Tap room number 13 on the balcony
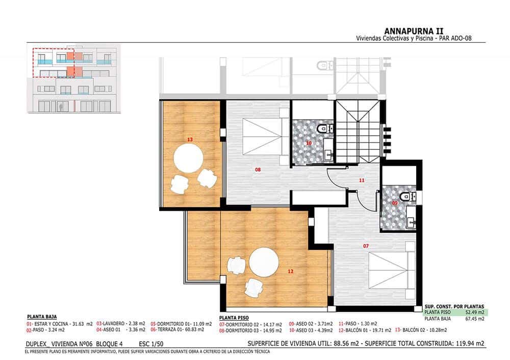coord(190,139)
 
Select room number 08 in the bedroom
coord(258,169)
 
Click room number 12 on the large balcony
coord(290,271)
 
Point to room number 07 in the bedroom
coord(366,246)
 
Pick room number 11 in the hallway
coord(362,180)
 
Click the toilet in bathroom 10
coord(323,129)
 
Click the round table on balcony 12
coord(264,262)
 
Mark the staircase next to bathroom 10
coord(358,131)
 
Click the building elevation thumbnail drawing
coord(73,79)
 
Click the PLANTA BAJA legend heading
coord(41,316)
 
